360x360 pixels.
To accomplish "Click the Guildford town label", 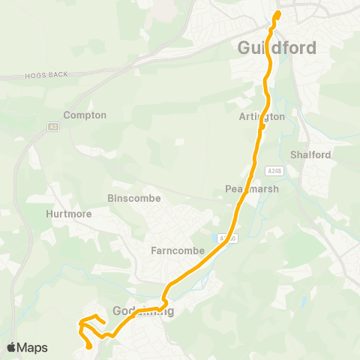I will click(277, 47).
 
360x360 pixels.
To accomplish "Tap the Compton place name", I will click(85, 115).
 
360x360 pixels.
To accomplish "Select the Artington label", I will click(262, 116).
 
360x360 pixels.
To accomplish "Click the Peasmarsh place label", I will click(251, 188).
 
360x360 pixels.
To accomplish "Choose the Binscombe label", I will click(131, 199).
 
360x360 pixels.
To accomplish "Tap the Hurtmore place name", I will click(68, 214).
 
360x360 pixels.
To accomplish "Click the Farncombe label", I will click(178, 250).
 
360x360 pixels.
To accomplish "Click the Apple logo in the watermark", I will click(11, 347).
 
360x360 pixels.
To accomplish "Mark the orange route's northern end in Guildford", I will click(278, 13).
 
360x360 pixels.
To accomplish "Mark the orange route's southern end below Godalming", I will click(90, 346).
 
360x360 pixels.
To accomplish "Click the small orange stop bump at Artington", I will click(263, 127).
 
